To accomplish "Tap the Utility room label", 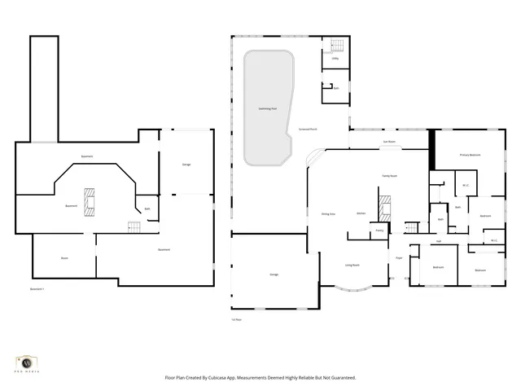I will click(x=334, y=59).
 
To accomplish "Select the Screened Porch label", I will click(x=309, y=130).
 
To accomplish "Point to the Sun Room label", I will click(x=389, y=142).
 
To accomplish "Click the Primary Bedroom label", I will click(x=470, y=154).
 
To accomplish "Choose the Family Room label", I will click(x=389, y=176).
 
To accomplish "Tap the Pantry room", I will click(x=379, y=231).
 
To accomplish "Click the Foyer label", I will click(x=399, y=257).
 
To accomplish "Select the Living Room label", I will click(x=352, y=265).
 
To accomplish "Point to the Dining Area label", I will click(x=328, y=214).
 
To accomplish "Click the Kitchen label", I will click(x=361, y=214).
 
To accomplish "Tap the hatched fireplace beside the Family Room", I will click(x=385, y=207).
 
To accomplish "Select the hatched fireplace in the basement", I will click(x=90, y=200).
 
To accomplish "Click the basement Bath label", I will click(x=147, y=209).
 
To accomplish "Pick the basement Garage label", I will click(x=186, y=165).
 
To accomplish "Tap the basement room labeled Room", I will click(x=64, y=258).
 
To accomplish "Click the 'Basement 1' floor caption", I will click(x=37, y=289).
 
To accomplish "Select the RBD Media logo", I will click(x=28, y=363).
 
